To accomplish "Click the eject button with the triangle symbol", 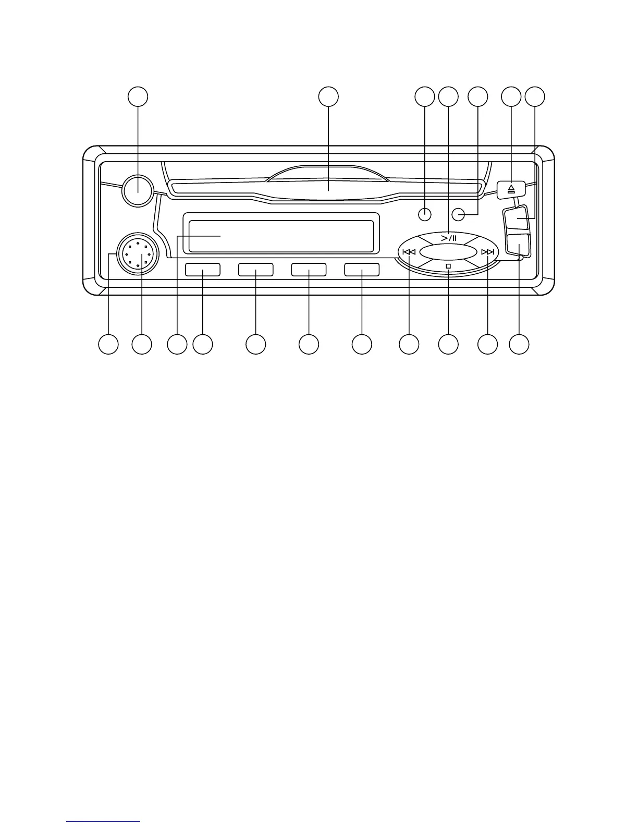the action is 511,189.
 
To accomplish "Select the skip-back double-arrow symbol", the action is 409,252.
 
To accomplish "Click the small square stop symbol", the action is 448,266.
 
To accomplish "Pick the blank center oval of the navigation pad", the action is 448,252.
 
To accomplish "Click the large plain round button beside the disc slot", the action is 138,189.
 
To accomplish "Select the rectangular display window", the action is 281,236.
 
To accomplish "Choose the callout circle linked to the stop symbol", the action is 448,344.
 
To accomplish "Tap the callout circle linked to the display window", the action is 177,344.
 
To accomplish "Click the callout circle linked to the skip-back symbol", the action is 409,344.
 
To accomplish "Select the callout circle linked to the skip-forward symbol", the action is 488,344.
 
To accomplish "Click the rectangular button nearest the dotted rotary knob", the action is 202,270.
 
